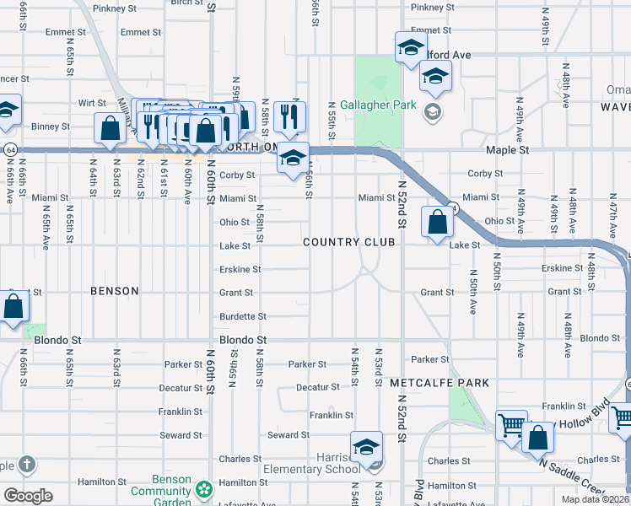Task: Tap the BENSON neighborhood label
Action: click(114, 291)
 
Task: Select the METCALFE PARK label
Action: click(440, 383)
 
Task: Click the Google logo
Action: click(28, 496)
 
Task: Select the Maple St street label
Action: click(507, 149)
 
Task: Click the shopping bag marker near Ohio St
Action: click(437, 223)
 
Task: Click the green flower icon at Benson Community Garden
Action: click(203, 489)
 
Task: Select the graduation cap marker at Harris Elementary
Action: click(366, 447)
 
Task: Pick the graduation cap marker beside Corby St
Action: click(293, 159)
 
